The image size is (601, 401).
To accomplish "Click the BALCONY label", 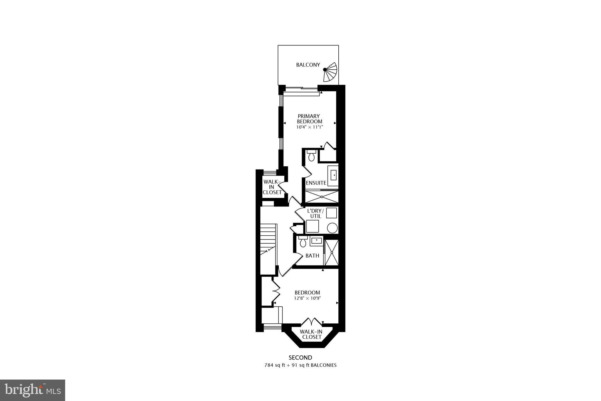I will [x=308, y=65].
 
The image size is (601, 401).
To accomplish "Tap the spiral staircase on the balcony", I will [x=331, y=72].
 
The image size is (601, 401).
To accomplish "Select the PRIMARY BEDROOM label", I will [x=309, y=119].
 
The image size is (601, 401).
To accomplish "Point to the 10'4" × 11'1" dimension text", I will [x=309, y=127].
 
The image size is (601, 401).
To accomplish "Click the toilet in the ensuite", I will [x=311, y=155].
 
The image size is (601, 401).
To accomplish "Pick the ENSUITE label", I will [x=316, y=183].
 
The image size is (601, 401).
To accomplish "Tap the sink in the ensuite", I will [x=334, y=175].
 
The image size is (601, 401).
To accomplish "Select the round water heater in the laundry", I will [x=332, y=228].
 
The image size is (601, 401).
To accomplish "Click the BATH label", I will [x=312, y=256].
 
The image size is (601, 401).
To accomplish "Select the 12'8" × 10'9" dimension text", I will [x=307, y=298].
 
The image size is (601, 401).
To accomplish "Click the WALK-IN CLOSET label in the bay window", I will [x=311, y=334].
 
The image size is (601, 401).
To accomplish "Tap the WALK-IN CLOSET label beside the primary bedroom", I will [x=272, y=187].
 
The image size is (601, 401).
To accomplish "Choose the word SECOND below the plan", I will [x=300, y=358].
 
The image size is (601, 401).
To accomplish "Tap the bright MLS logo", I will [x=33, y=390].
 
